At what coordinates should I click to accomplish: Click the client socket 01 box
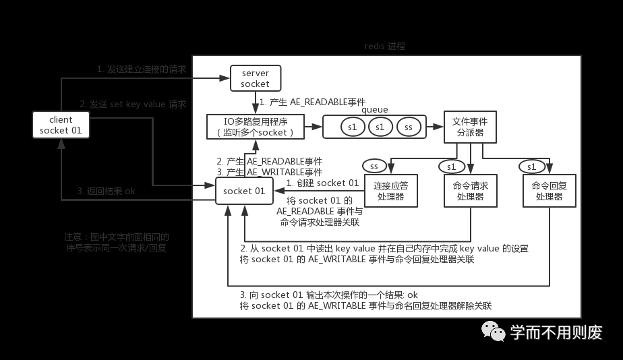[61, 125]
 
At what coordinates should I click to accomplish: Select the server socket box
[255, 78]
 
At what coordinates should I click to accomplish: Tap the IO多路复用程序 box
[255, 126]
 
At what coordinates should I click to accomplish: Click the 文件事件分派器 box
[470, 127]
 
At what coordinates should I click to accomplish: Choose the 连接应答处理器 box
[391, 191]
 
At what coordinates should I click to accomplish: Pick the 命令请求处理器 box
[470, 191]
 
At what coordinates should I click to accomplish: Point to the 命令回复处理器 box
[549, 191]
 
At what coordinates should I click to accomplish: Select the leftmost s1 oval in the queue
[352, 127]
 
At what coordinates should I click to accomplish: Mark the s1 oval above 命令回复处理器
[531, 166]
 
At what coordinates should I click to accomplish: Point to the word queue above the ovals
[375, 109]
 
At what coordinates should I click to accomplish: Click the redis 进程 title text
[385, 47]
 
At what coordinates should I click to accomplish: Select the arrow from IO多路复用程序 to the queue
[314, 125]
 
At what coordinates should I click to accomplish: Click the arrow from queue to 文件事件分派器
[436, 125]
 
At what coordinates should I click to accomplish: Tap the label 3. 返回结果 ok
[107, 191]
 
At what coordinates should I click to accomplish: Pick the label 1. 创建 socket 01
[323, 183]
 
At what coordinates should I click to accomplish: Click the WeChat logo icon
[493, 331]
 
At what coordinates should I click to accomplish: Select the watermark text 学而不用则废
[556, 332]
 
